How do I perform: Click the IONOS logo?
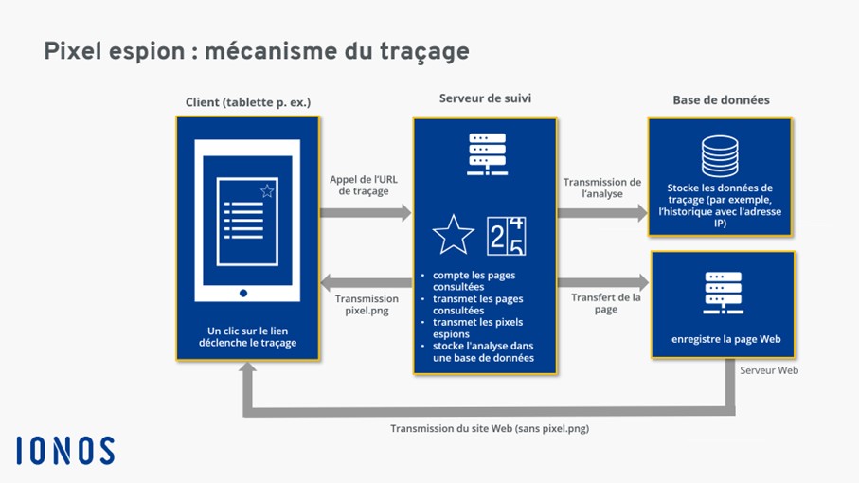[x=65, y=451]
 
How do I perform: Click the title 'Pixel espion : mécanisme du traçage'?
[x=257, y=50]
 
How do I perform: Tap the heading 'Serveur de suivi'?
[x=484, y=98]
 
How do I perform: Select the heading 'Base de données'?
[x=721, y=99]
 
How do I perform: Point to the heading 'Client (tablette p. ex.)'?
[x=248, y=101]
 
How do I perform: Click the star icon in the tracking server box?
[x=453, y=235]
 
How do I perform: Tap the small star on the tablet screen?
[x=267, y=191]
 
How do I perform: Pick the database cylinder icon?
[x=720, y=155]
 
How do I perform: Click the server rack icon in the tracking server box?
[x=484, y=152]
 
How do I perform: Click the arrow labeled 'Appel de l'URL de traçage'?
[x=365, y=213]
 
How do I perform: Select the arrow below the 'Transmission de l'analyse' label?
[x=601, y=213]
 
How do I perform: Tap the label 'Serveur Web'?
[x=768, y=370]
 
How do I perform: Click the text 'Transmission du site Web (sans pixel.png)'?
[x=490, y=428]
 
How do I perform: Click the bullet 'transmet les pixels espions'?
[x=471, y=328]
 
